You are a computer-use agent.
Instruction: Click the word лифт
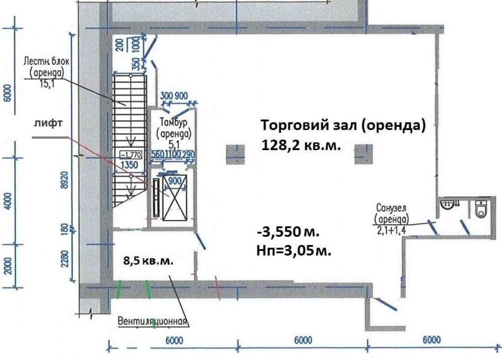[x=48, y=123]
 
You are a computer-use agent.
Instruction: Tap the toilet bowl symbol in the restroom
[x=480, y=208]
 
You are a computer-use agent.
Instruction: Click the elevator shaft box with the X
[x=175, y=198]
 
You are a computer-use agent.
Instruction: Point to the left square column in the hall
[x=235, y=154]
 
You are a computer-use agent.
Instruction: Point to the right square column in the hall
[x=363, y=154]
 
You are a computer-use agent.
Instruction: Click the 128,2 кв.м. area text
[x=301, y=146]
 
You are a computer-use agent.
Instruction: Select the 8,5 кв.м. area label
[x=148, y=261]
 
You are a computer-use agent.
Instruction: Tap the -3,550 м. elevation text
[x=288, y=231]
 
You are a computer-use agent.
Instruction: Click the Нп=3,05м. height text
[x=294, y=251]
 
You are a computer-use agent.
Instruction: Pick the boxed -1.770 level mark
[x=131, y=155]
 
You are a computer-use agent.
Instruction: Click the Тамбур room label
[x=174, y=123]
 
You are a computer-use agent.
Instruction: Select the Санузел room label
[x=391, y=208]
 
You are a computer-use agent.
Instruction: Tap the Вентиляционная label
[x=152, y=321]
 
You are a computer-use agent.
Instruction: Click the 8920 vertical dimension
[x=65, y=180]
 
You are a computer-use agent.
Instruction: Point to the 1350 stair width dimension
[x=130, y=165]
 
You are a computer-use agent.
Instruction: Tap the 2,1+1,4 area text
[x=391, y=230]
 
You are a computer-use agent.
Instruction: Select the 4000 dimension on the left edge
[x=9, y=201]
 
